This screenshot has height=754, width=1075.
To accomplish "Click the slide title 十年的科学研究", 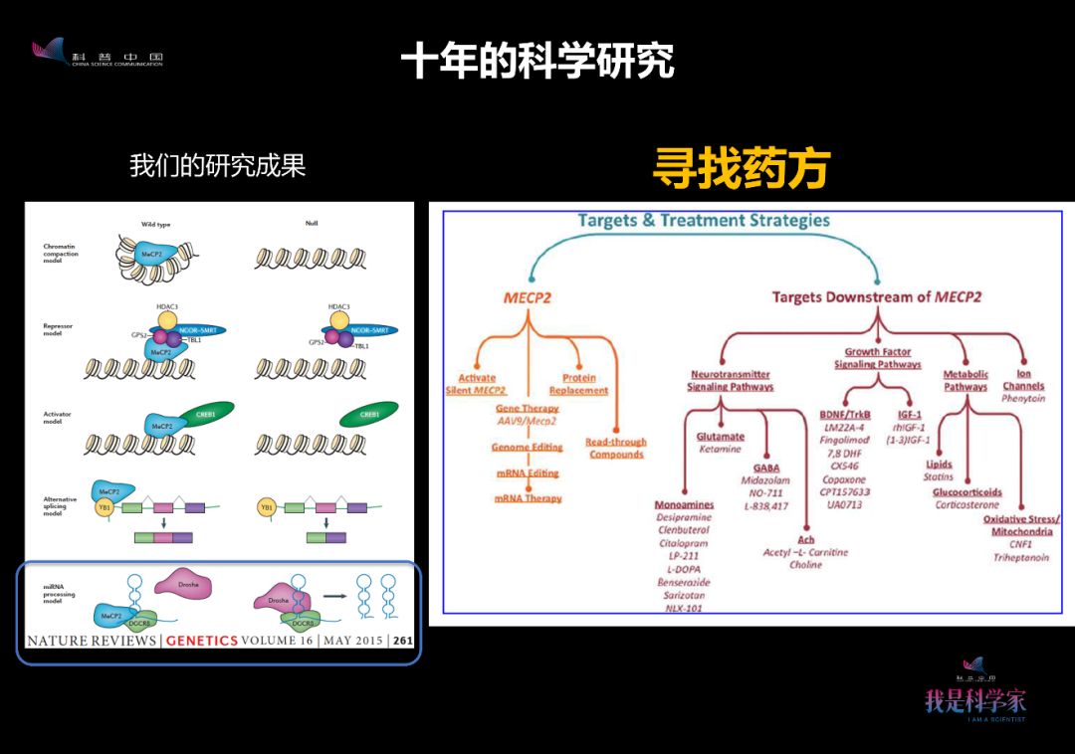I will click(537, 61).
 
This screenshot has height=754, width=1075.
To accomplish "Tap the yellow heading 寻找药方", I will click(742, 168).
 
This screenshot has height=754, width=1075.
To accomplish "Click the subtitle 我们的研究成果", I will click(217, 165).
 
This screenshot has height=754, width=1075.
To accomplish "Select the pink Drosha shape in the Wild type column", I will click(189, 585).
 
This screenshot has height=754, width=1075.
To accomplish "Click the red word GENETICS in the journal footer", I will click(202, 641).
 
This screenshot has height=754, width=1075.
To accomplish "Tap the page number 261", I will click(403, 641).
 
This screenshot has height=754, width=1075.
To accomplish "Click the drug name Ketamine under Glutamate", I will click(720, 449).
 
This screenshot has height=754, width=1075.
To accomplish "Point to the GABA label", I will click(766, 468).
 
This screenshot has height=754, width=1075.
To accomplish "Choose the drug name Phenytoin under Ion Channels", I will click(1023, 399).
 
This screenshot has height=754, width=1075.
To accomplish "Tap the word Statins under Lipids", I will click(938, 477).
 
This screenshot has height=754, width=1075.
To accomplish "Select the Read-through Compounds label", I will click(616, 449).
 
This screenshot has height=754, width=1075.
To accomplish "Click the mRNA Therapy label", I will click(528, 498).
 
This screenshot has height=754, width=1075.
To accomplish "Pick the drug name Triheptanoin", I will click(1020, 558).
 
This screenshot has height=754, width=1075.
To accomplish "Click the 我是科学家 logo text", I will click(974, 700).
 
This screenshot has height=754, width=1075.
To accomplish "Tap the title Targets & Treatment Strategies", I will click(703, 220).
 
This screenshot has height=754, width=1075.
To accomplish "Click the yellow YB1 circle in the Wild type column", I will click(105, 507).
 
